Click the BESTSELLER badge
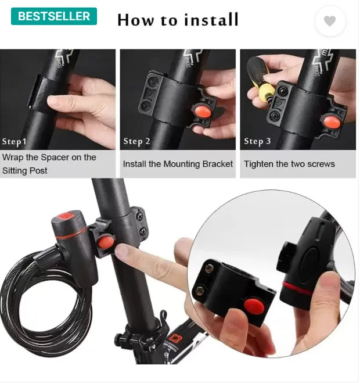coord(54,16)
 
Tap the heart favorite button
coord(330,21)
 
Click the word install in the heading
coord(211,20)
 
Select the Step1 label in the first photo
coord(14,142)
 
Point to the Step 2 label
coord(136,141)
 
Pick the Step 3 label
coord(257,141)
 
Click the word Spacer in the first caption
coord(55,158)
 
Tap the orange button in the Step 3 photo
coord(332,122)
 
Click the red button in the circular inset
coord(254,306)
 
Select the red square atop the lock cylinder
coord(66,216)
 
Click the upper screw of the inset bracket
coord(210,269)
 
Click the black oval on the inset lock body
coord(309,262)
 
